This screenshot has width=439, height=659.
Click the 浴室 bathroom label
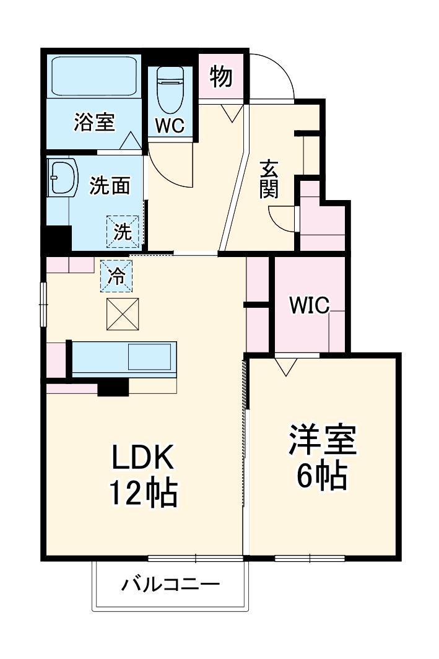click(94, 122)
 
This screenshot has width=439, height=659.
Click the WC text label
click(169, 126)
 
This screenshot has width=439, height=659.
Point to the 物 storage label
click(221, 77)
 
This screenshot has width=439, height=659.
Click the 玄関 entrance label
click(269, 179)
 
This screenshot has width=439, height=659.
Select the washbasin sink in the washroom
click(61, 177)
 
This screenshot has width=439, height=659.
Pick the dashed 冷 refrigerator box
click(116, 275)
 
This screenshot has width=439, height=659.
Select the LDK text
click(144, 459)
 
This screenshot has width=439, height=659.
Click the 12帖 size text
click(144, 494)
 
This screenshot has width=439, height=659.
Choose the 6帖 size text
click(321, 475)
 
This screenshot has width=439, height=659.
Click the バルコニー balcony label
click(170, 583)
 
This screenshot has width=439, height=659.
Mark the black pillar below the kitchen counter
click(113, 386)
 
